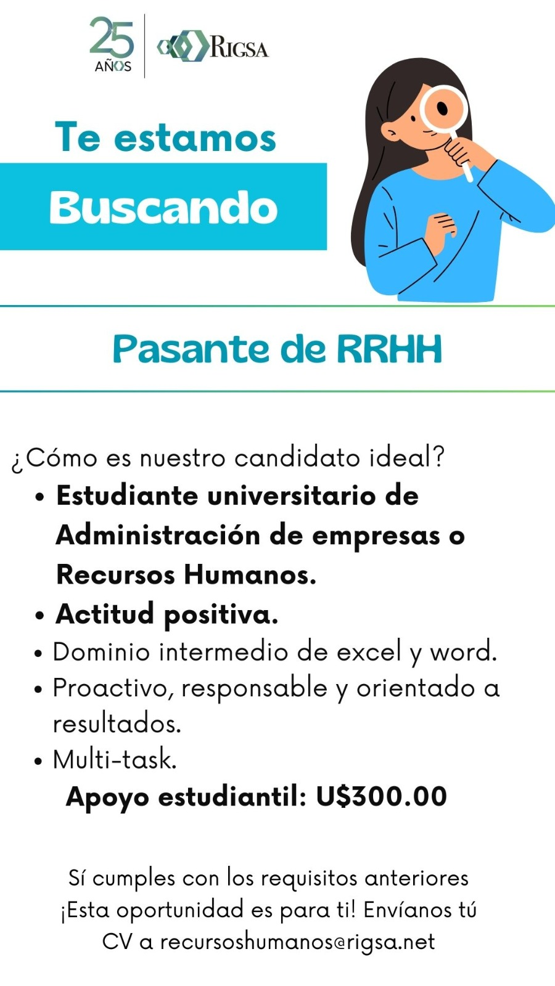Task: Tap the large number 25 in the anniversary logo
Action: [x=112, y=37]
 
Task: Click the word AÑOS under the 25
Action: [x=113, y=67]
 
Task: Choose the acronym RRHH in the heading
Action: [x=389, y=349]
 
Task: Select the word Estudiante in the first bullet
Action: [x=127, y=496]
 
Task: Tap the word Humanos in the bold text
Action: [x=250, y=575]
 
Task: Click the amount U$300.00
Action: [x=382, y=796]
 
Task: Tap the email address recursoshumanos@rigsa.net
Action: [x=297, y=942]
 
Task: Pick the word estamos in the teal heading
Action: [x=195, y=138]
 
